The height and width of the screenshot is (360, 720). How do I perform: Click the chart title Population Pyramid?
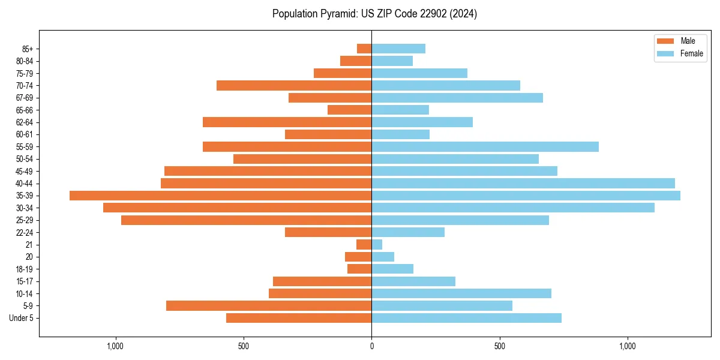click(374, 14)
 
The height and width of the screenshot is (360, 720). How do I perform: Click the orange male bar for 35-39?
click(220, 196)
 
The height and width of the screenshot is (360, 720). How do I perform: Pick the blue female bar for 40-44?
click(523, 183)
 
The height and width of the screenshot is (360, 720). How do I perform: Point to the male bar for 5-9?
click(269, 305)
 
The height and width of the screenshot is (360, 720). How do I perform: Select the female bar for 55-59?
click(485, 146)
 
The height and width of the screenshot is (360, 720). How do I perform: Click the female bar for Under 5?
click(466, 318)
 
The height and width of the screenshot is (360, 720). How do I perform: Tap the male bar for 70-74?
click(294, 85)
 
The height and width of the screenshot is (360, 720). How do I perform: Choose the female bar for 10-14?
click(461, 293)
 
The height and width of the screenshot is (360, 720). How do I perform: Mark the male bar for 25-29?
click(246, 220)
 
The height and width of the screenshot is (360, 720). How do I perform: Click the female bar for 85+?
click(398, 49)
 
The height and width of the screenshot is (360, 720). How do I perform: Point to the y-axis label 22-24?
click(25, 232)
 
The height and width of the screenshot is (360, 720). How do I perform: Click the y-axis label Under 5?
click(21, 318)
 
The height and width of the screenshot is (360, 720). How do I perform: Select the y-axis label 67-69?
click(25, 98)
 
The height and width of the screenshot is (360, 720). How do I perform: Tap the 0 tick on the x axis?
click(371, 346)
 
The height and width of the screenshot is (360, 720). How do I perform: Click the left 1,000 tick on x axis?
click(115, 346)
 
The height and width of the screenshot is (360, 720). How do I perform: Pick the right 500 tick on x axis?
click(499, 346)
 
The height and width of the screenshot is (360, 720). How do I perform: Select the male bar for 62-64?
click(287, 122)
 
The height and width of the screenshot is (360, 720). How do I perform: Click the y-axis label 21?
click(29, 245)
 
